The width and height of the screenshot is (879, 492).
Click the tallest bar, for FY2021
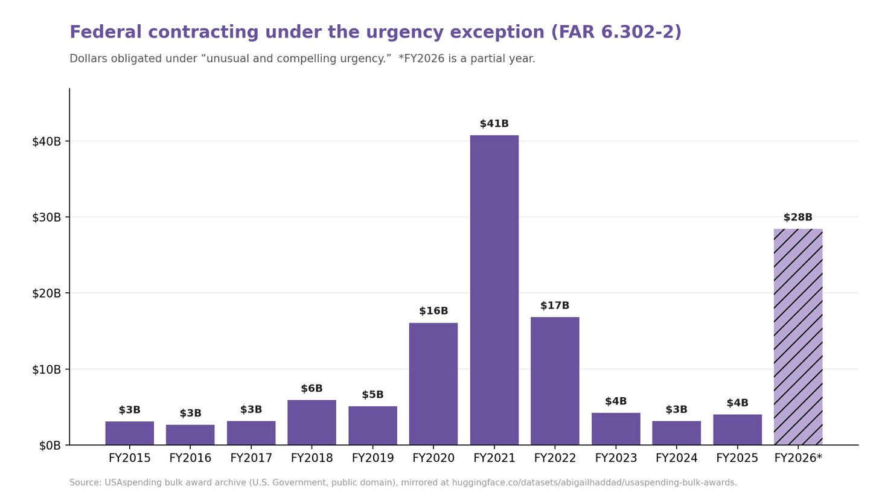click(x=494, y=290)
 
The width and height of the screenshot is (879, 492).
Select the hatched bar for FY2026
click(x=797, y=337)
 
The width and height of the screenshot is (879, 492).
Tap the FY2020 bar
click(x=433, y=384)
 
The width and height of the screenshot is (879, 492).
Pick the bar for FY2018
click(x=312, y=423)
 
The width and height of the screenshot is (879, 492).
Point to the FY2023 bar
click(x=616, y=429)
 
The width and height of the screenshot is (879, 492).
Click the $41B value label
click(x=494, y=124)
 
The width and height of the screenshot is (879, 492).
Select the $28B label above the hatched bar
click(x=797, y=217)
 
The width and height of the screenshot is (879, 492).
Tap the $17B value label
click(x=555, y=305)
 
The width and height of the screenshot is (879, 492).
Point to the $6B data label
click(x=312, y=388)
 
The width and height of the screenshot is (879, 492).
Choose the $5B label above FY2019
click(x=372, y=394)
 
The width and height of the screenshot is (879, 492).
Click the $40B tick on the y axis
click(x=46, y=141)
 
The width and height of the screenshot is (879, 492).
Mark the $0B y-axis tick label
click(x=50, y=446)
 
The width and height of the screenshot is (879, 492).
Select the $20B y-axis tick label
click(x=46, y=293)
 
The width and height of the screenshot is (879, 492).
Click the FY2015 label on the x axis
click(x=129, y=458)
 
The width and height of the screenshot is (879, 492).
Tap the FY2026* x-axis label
click(x=797, y=458)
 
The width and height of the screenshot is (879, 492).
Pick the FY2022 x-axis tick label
click(x=555, y=458)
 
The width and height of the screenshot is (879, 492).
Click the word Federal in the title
click(x=106, y=32)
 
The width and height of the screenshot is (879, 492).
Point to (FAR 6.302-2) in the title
click(x=616, y=32)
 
